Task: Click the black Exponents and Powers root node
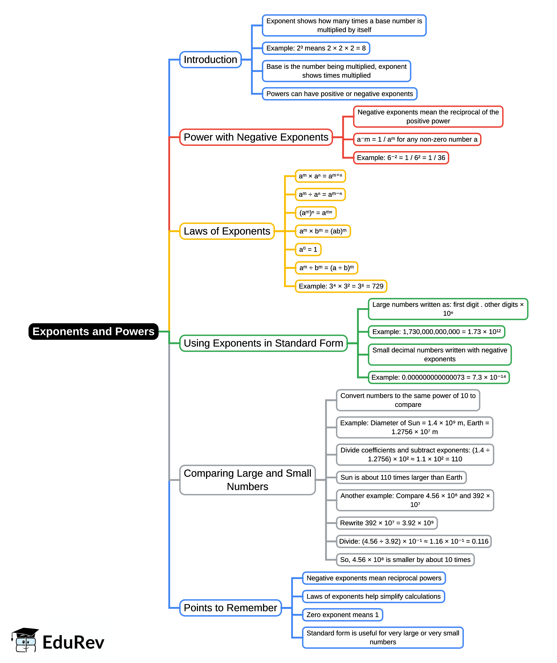coord(93,331)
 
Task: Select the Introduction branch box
coord(210,60)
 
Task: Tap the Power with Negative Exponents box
coord(256,137)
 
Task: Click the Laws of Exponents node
coord(227,231)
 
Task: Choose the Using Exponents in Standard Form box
coord(263,343)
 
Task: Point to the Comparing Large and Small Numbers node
coord(247,480)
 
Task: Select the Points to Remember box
coord(230,608)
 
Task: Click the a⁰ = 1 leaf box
coord(308,250)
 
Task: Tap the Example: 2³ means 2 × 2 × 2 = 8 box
coord(316,48)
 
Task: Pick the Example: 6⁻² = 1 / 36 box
coord(401,158)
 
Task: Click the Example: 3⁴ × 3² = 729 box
coord(341,286)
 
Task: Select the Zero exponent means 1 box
coord(342,615)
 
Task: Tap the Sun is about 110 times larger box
coord(401,477)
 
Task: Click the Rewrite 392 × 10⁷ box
coord(387,523)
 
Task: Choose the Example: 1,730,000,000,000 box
coord(436,332)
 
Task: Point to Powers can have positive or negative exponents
coord(340,94)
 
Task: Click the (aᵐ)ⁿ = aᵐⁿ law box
coord(315,213)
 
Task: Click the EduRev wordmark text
coord(73,643)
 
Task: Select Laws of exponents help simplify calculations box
coord(373,596)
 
